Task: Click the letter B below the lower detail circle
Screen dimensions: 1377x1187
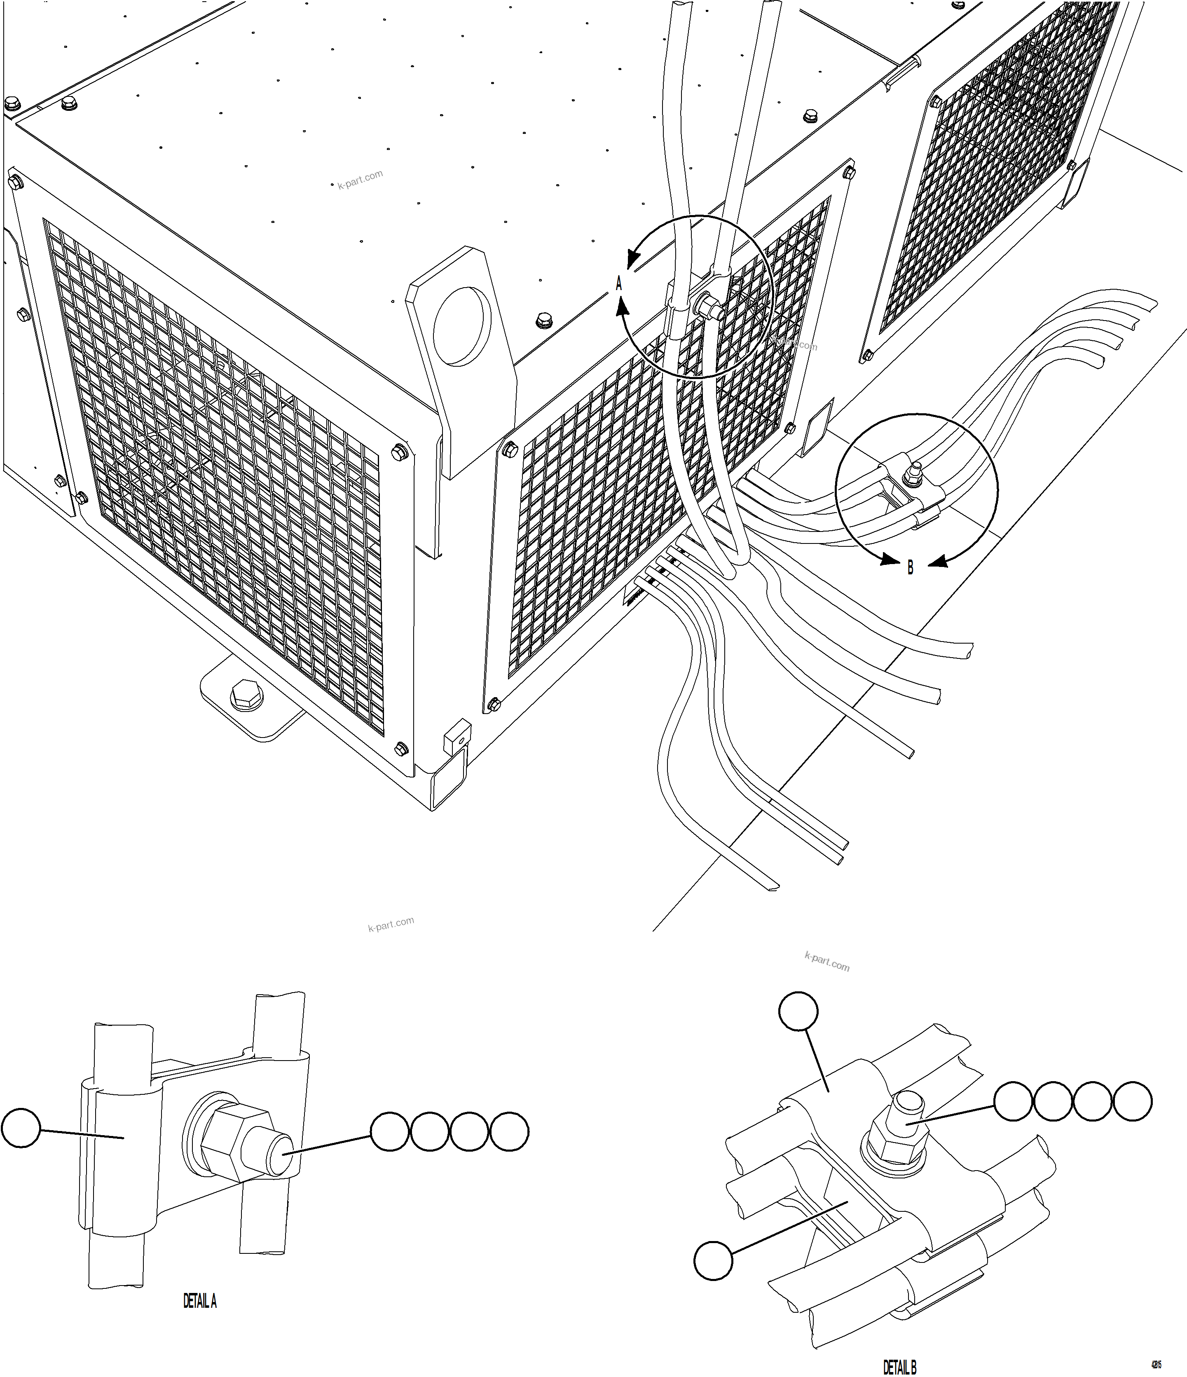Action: (910, 567)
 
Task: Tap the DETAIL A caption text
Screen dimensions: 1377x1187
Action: (199, 1301)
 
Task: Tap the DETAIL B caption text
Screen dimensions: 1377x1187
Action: (899, 1366)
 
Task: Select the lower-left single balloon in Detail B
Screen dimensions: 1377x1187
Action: (713, 1261)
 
